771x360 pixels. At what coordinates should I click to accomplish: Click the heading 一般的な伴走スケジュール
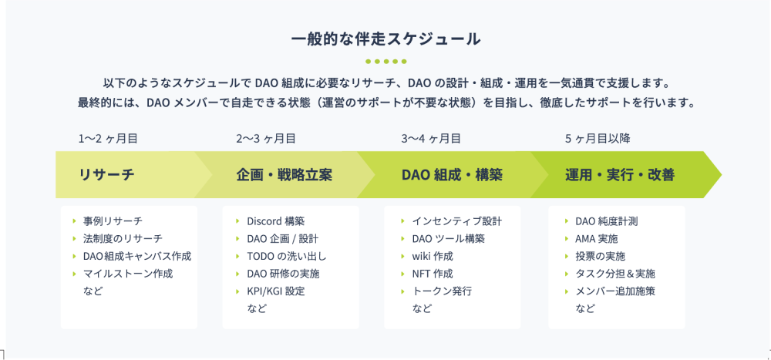385,39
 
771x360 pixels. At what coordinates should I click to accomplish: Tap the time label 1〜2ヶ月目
108,139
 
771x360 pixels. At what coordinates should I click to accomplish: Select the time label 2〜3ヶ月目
266,139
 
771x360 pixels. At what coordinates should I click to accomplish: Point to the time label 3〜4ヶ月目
431,139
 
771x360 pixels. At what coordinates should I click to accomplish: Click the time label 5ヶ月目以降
598,139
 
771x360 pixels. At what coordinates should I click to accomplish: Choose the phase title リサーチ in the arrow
106,174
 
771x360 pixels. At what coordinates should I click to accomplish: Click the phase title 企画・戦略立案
284,174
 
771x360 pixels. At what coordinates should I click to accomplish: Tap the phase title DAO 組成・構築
452,174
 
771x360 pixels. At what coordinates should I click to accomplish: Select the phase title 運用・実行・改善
620,174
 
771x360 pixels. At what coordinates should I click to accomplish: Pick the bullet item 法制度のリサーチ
123,239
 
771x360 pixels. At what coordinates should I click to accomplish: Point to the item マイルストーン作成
128,274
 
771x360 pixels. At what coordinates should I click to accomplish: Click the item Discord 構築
276,221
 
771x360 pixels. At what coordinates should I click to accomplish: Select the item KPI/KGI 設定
276,291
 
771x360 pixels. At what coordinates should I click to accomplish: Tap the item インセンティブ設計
457,221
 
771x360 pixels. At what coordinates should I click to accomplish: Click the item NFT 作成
433,274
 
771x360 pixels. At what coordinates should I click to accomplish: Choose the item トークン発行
442,291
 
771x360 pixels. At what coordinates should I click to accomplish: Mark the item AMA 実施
597,239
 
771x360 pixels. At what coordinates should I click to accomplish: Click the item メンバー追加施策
615,291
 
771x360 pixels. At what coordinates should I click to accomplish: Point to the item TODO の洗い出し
287,256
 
